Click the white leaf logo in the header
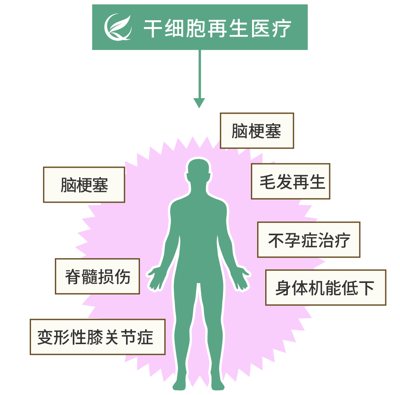pos(117,27)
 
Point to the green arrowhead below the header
pos(199,103)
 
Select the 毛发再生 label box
pos(290,181)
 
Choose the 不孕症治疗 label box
pos(309,240)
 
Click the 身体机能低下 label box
pos(325,288)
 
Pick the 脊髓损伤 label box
pos(97,277)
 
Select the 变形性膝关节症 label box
pos(97,337)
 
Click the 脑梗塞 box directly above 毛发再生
pos(257,131)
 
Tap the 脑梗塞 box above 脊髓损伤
pos(84,185)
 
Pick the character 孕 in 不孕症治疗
pos(292,240)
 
